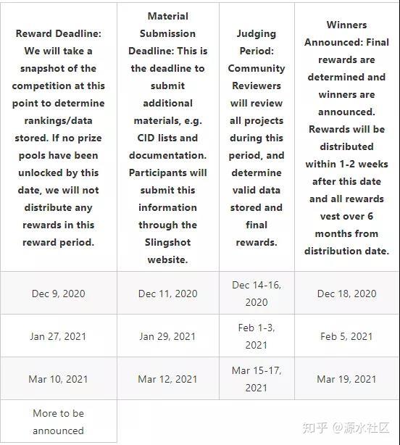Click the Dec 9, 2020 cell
pos(58,294)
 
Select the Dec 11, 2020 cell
pos(167,294)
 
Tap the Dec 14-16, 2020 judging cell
pos(256,294)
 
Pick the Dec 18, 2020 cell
pos(346,294)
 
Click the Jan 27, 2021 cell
pos(58,336)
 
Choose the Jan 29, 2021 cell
pos(167,336)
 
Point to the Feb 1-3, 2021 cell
pos(256,336)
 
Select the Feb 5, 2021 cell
pos(346,336)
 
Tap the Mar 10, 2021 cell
pos(58,379)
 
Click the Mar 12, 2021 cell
pos(167,379)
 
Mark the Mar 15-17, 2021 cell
pos(256,379)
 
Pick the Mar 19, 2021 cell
pos(346,379)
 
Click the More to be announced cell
pos(58,422)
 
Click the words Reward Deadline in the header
pos(58,33)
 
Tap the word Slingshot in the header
pos(167,242)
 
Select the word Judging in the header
pos(256,33)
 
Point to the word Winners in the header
pos(346,25)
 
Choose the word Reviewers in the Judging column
pos(256,86)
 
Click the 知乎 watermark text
pos(317,428)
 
